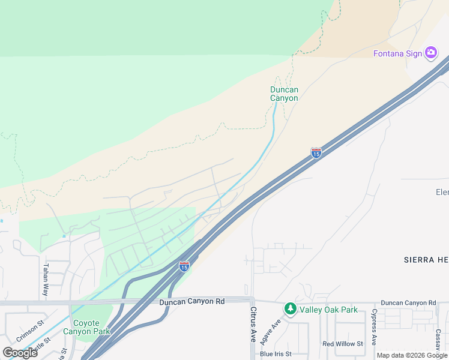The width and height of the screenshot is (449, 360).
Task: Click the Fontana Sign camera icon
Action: coord(431,53)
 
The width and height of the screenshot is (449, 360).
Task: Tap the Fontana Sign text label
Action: coord(398,53)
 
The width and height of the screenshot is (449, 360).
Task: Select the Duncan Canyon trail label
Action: coord(284,94)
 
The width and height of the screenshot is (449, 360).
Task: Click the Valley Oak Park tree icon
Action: coord(291,309)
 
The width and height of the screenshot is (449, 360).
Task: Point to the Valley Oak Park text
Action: coord(329,310)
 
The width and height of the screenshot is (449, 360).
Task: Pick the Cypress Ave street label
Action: coord(374,328)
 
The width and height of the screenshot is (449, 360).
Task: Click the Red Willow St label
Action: coord(343,344)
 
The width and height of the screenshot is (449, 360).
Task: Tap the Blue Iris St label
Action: coord(276,354)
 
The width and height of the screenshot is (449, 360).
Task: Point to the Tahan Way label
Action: coord(45,280)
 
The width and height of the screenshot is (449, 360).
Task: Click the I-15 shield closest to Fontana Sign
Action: coord(316,153)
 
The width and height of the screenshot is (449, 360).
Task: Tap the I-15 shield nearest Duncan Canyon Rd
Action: coord(184,265)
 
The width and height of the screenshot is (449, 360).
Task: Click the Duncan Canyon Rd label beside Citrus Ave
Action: coord(191,301)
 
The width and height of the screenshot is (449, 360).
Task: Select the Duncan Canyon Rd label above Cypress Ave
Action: coord(408,303)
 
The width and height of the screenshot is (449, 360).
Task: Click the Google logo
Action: coord(20,352)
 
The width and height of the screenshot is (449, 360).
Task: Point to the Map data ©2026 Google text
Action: coord(412,355)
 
